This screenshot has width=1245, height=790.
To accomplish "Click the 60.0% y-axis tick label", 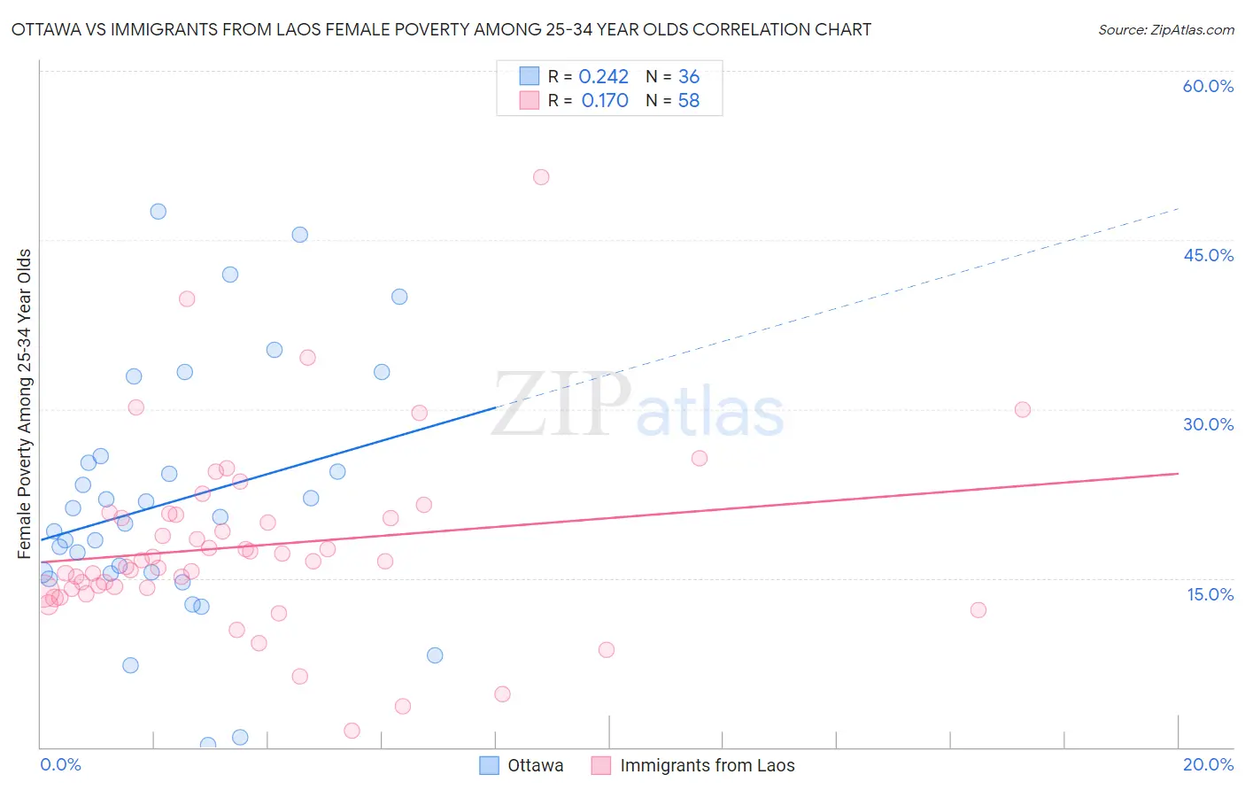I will pyautogui.click(x=1208, y=86).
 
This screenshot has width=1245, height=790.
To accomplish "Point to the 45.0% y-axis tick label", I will pyautogui.click(x=1208, y=255).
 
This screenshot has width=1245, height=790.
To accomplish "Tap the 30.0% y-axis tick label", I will pyautogui.click(x=1208, y=424).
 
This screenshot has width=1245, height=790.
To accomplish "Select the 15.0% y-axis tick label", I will pyautogui.click(x=1210, y=593).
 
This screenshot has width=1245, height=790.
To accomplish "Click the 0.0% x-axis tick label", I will pyautogui.click(x=60, y=764).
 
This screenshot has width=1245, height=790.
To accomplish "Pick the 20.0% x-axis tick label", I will pyautogui.click(x=1208, y=764).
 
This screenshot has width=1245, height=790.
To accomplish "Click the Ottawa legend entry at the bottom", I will pyautogui.click(x=535, y=765).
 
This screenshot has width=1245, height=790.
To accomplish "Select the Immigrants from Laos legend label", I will pyautogui.click(x=707, y=765).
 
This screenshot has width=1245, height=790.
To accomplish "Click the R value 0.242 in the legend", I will pyautogui.click(x=603, y=77).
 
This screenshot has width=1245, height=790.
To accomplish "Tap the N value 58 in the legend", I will pyautogui.click(x=688, y=101).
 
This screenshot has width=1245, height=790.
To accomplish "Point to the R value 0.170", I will pyautogui.click(x=605, y=101).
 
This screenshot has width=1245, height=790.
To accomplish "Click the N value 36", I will pyautogui.click(x=688, y=77).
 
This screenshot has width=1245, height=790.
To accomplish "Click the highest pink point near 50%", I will pyautogui.click(x=541, y=177).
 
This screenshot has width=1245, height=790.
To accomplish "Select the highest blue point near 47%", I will pyautogui.click(x=158, y=211).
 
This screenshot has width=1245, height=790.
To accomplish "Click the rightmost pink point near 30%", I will pyautogui.click(x=1022, y=409).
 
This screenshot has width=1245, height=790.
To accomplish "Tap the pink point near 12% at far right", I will pyautogui.click(x=978, y=609).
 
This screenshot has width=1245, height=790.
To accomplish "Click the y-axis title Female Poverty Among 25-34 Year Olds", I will pyautogui.click(x=25, y=404).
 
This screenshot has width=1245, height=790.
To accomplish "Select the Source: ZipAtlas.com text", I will pyautogui.click(x=1165, y=30).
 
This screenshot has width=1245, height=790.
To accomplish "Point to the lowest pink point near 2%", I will pyautogui.click(x=352, y=731).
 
